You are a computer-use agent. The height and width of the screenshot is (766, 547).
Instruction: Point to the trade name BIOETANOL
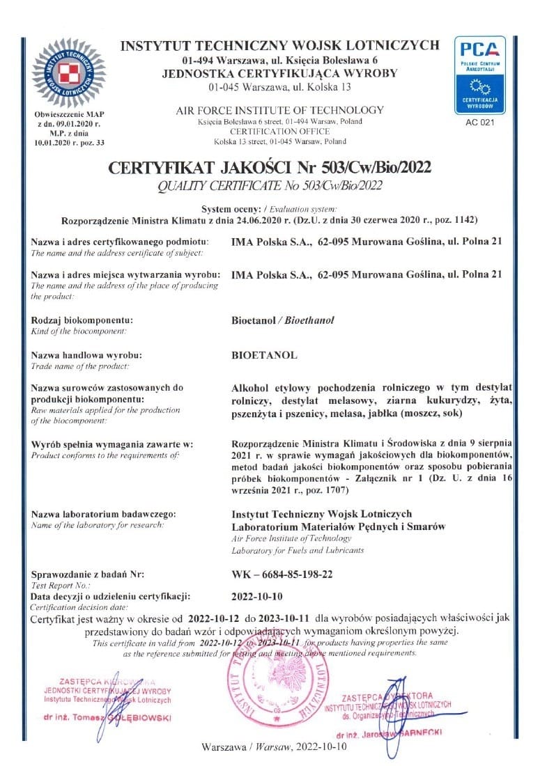coord(264,354)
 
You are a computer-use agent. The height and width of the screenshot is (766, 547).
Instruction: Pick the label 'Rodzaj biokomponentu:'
coord(82,320)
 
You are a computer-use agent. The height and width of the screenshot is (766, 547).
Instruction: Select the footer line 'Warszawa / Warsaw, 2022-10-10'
coord(273,747)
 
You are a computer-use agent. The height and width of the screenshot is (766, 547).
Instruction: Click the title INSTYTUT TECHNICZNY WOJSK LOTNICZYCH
coord(279,46)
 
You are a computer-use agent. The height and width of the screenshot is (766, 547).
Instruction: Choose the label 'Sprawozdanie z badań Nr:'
coord(88,574)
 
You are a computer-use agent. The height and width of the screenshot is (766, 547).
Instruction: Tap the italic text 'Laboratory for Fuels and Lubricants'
coord(298,550)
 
